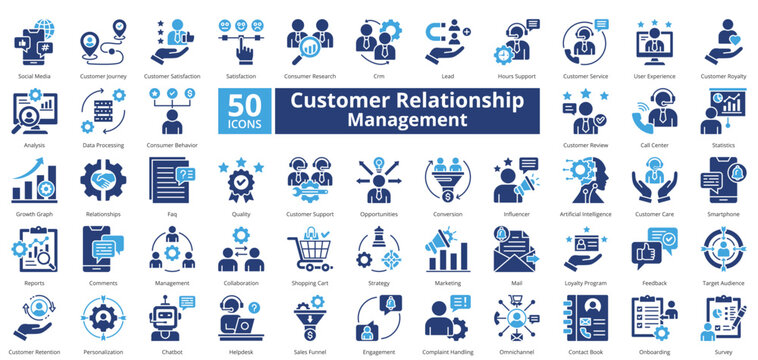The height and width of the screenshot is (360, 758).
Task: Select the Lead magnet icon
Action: pyautogui.click(x=447, y=39)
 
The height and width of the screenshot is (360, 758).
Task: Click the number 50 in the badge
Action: pyautogui.click(x=243, y=104)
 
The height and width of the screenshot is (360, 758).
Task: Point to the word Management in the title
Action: pyautogui.click(x=406, y=120)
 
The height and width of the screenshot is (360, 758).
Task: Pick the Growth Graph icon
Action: pyautogui.click(x=34, y=181)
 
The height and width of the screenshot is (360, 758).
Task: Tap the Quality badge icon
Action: pyautogui.click(x=241, y=180)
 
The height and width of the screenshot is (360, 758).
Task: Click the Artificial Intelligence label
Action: pyautogui.click(x=585, y=214)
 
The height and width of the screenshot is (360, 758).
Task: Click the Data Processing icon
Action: pyautogui.click(x=103, y=111)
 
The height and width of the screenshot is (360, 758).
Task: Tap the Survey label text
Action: pyautogui.click(x=723, y=352)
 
